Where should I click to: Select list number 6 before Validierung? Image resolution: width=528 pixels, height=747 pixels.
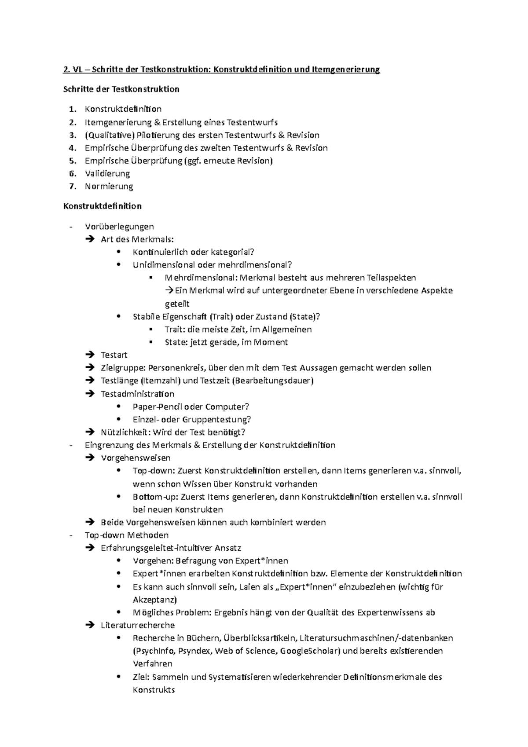click(73, 173)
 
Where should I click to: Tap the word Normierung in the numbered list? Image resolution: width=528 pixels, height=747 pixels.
click(109, 186)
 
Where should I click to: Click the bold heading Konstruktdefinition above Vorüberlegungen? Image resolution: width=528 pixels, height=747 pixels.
click(103, 206)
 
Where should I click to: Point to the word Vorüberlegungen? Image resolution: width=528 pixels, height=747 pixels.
click(119, 227)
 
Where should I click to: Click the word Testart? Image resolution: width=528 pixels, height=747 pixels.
click(114, 355)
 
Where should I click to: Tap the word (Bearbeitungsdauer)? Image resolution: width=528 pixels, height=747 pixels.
click(274, 381)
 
